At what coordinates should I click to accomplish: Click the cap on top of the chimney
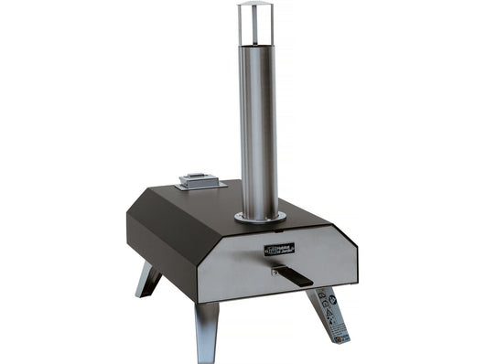(x=256, y=6)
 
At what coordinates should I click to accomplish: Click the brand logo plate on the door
(x=279, y=249)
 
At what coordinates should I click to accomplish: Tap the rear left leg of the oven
(x=148, y=279)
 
